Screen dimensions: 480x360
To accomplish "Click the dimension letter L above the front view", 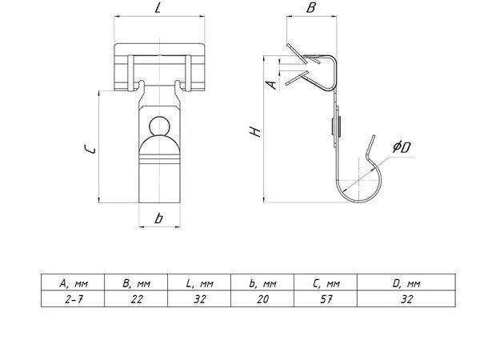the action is (158, 7).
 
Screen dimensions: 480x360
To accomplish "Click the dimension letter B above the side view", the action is (311, 7).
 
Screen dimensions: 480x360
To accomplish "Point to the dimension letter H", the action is (255, 132).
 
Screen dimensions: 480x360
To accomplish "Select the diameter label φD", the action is (402, 146).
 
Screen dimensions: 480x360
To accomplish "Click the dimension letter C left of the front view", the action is (90, 150).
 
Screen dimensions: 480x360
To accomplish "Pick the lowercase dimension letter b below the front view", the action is (158, 218).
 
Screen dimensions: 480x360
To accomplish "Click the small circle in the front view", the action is (159, 126).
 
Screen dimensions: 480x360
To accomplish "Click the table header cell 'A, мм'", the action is (73, 282).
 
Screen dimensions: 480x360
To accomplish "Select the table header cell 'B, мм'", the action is (136, 282).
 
